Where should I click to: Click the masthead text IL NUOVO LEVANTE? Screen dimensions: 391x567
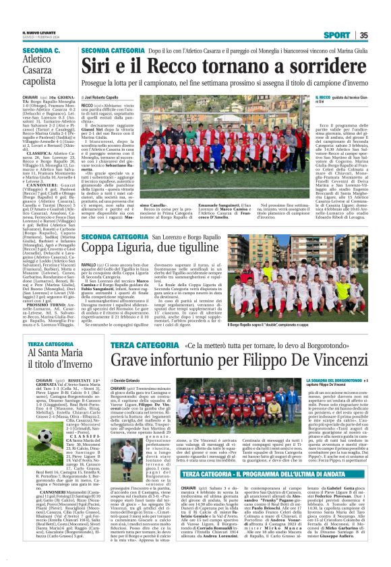[x=35, y=31]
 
